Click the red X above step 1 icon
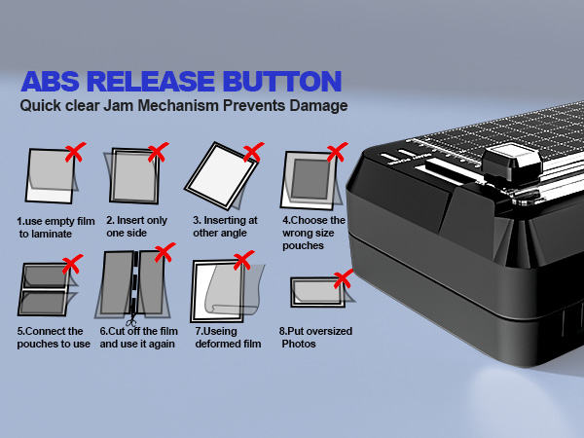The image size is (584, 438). click(x=73, y=152)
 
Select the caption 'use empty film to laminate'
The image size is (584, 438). click(x=51, y=228)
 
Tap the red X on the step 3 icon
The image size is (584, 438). click(x=253, y=152)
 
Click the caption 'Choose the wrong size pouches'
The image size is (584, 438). click(x=313, y=234)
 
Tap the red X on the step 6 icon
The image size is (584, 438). click(x=164, y=254)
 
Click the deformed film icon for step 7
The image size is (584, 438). click(x=228, y=292)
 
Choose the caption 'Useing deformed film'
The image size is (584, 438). click(x=229, y=338)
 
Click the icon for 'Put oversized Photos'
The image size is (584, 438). click(x=316, y=291)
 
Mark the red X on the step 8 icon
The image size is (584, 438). click(x=342, y=279)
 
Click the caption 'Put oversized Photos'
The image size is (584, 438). click(x=316, y=338)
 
